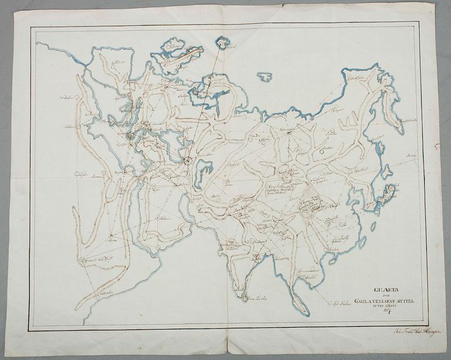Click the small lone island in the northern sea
point(265,76)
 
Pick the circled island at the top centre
point(223,42)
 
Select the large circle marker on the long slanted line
point(187,159)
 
